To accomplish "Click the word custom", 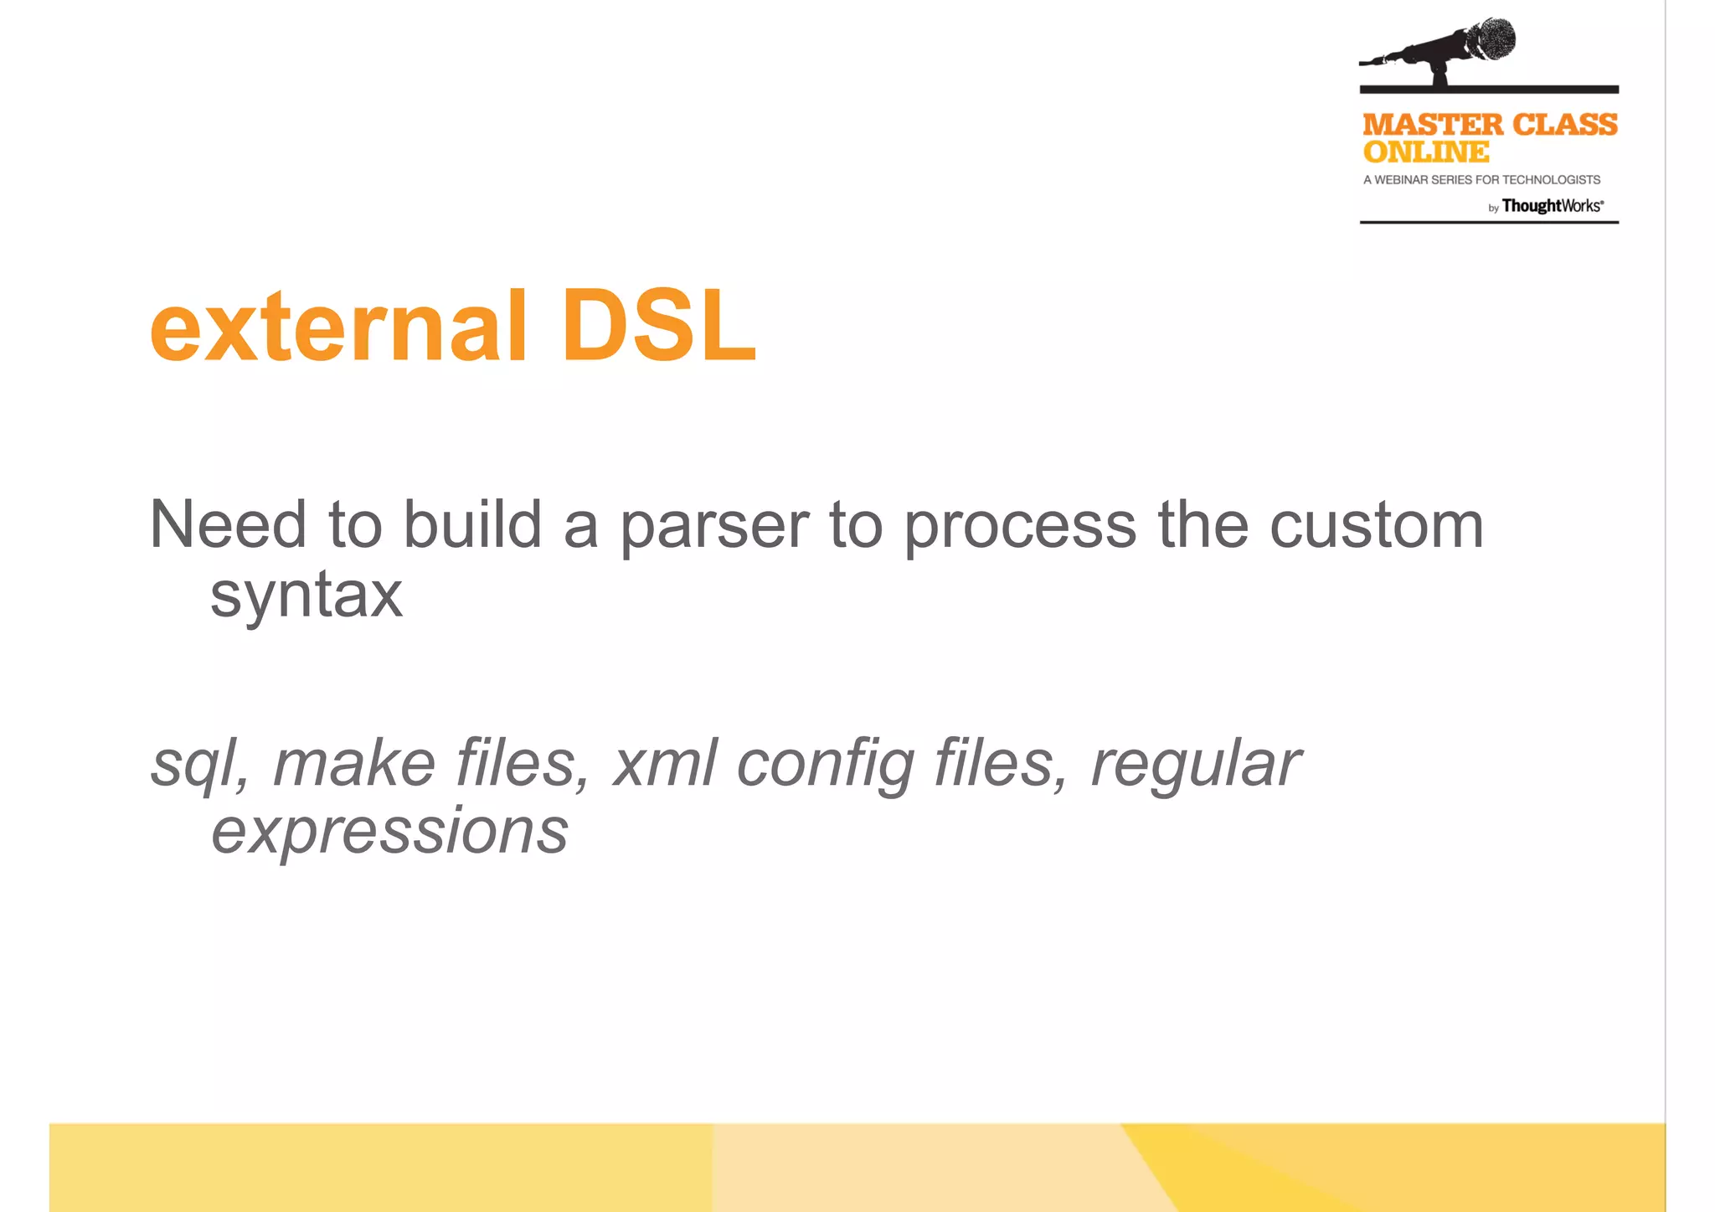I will pos(1377,526).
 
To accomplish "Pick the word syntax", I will pos(306,596).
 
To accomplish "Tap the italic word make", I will pos(354,764).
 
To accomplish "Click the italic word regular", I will pos(1195,764).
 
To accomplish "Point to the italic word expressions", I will pos(390,832).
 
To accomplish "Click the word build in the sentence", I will pos(472,525).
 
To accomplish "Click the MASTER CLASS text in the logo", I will pos(1490,125).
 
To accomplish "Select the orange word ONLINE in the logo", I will pos(1425,152).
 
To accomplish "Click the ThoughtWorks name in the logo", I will pos(1552,206).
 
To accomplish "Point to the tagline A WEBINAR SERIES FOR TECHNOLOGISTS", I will pos(1481,180).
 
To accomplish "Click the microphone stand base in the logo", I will pos(1441,82).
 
